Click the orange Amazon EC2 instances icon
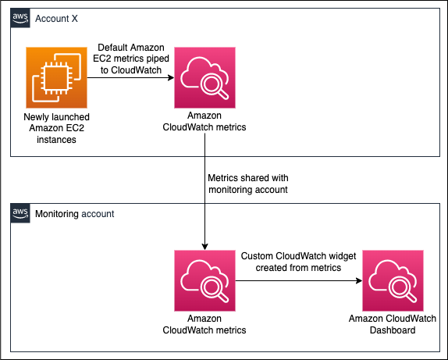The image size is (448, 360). (x=56, y=77)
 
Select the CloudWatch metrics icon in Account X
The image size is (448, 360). (x=204, y=77)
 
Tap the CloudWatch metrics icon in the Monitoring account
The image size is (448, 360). (x=204, y=279)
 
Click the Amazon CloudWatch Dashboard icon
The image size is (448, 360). (x=392, y=279)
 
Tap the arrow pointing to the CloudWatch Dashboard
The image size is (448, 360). (x=297, y=279)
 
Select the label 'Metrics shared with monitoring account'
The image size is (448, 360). (x=248, y=182)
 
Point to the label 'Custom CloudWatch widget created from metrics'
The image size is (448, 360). (x=297, y=262)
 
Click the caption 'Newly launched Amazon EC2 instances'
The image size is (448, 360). (x=56, y=127)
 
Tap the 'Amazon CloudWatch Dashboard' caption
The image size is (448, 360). (x=392, y=324)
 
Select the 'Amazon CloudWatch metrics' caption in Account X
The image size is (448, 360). (x=204, y=121)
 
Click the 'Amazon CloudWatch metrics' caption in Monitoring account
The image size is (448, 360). (x=204, y=324)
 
